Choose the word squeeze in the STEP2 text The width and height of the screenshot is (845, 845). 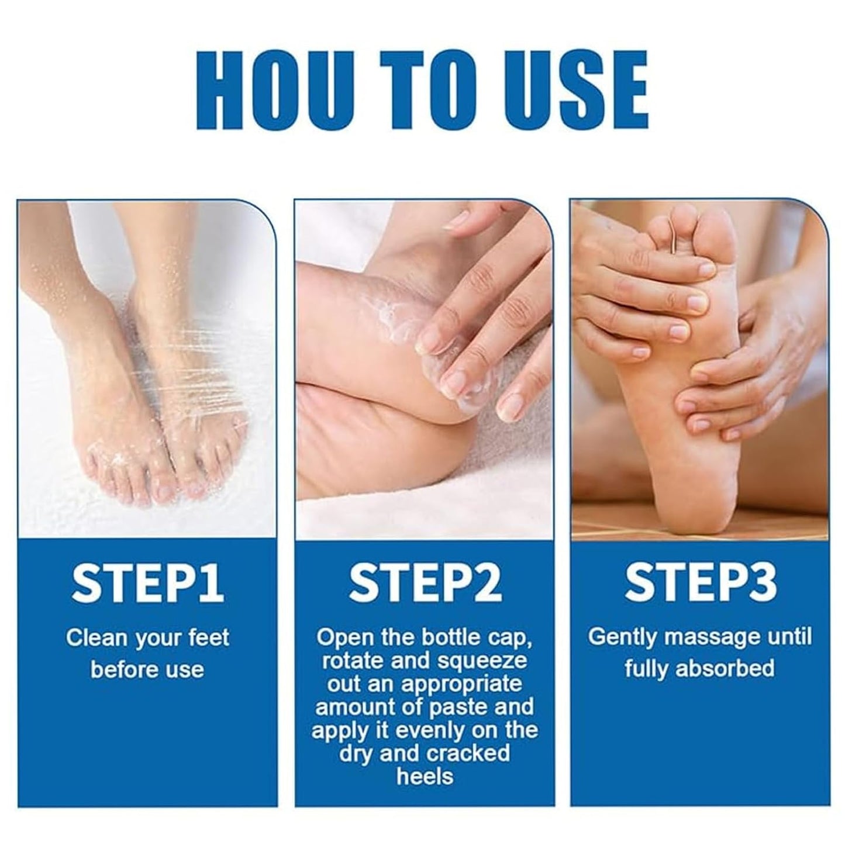click(x=488, y=661)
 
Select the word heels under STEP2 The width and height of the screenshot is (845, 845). click(x=425, y=777)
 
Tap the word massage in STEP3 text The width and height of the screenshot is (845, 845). click(x=719, y=636)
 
